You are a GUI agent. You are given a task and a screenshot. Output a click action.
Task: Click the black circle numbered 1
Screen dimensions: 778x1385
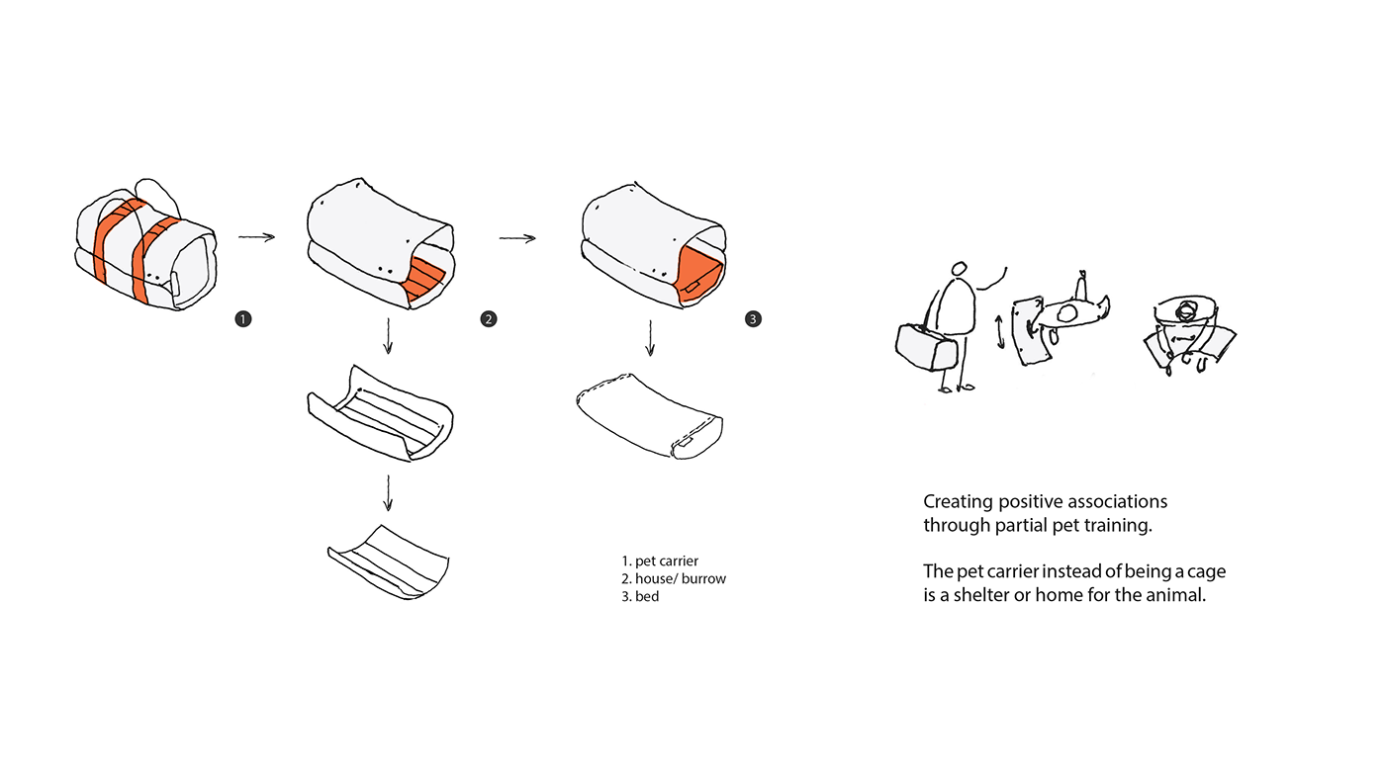pyautogui.click(x=242, y=318)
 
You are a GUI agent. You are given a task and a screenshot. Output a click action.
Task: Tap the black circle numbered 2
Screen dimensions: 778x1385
pyautogui.click(x=488, y=318)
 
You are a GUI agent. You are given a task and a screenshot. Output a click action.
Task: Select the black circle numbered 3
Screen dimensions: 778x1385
pyautogui.click(x=753, y=318)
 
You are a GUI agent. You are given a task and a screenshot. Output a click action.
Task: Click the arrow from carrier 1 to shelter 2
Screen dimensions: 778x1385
pyautogui.click(x=256, y=236)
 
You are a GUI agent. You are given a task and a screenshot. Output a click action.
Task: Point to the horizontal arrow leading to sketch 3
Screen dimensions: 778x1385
pyautogui.click(x=516, y=237)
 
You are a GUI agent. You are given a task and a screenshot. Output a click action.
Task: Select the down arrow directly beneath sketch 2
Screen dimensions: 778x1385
pyautogui.click(x=388, y=336)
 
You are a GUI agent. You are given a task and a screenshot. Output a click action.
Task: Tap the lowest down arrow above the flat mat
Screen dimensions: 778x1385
pyautogui.click(x=388, y=492)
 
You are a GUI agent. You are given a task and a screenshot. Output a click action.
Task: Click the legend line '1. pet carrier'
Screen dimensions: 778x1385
pyautogui.click(x=660, y=561)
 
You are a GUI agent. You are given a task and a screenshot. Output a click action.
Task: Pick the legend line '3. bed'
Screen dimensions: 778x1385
pyautogui.click(x=640, y=596)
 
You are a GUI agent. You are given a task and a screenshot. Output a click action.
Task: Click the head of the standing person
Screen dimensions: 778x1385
pyautogui.click(x=958, y=269)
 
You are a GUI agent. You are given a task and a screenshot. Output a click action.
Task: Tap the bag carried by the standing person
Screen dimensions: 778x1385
pyautogui.click(x=926, y=345)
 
